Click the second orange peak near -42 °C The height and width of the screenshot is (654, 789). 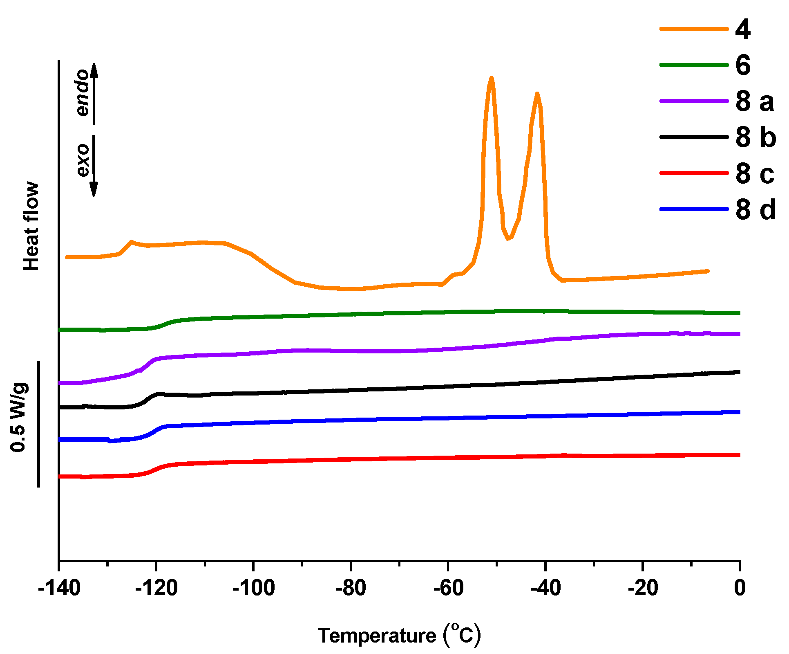tap(537, 94)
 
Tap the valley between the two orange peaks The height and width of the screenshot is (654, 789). tap(508, 238)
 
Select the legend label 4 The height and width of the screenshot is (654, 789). tap(743, 29)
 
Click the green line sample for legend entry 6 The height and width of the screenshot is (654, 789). tap(694, 65)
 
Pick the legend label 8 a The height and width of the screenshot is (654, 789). tap(755, 101)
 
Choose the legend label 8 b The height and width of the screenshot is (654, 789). tap(755, 137)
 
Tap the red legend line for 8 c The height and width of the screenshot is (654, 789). tap(694, 173)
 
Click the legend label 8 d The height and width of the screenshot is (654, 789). tap(755, 209)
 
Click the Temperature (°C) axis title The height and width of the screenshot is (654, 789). tap(399, 635)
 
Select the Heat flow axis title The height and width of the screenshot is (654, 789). tap(31, 226)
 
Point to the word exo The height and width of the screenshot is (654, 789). tap(83, 160)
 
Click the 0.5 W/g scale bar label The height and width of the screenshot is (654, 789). tap(19, 417)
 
